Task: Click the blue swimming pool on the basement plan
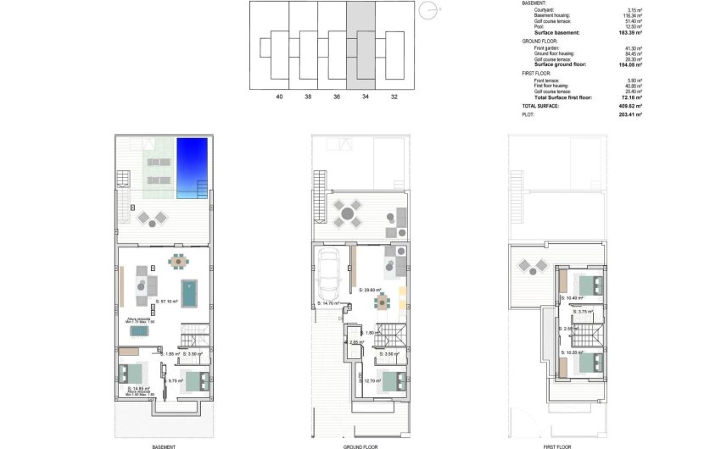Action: click(x=191, y=166)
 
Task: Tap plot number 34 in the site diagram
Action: click(x=366, y=97)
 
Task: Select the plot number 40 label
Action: click(x=279, y=97)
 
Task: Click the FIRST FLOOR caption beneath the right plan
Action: click(x=557, y=446)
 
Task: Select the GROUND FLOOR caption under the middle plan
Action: click(x=360, y=446)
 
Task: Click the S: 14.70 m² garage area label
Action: click(x=328, y=302)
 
